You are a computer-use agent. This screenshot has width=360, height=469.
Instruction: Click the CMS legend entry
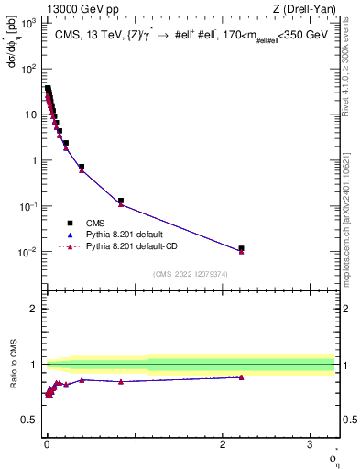(95, 222)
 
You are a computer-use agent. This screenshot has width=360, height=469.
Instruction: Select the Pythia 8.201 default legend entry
(119, 234)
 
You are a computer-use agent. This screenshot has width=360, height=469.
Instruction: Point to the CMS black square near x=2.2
(241, 248)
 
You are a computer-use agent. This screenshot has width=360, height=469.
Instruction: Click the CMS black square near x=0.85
(121, 201)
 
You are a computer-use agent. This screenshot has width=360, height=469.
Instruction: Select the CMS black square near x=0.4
(82, 167)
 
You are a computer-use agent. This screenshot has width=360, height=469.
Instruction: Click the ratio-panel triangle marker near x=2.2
(241, 377)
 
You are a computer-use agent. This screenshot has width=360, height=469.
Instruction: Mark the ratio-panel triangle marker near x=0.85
(121, 381)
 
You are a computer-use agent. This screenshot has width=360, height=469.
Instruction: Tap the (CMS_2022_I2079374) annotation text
(190, 273)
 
